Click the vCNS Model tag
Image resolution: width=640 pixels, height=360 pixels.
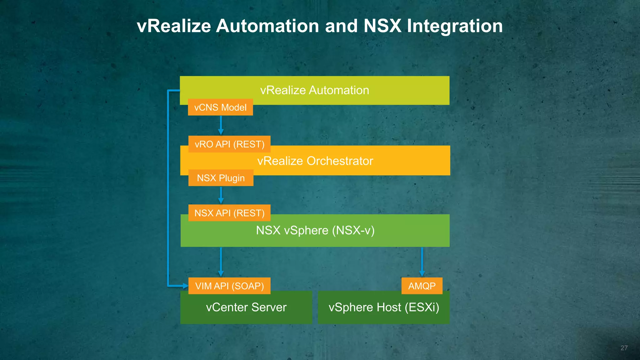point(220,107)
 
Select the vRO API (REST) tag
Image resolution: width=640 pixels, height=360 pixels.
point(229,144)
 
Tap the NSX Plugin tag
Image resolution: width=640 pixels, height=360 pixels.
point(221,178)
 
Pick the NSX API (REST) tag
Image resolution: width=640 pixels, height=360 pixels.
point(229,213)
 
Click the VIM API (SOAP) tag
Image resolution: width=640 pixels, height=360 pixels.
point(229,286)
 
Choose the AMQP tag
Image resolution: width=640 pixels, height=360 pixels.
point(422,286)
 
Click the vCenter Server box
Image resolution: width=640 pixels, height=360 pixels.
point(246,307)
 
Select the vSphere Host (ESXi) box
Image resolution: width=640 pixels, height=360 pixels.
point(384,307)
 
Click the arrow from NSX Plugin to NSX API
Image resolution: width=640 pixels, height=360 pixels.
point(221,195)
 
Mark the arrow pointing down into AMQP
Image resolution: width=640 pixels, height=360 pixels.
point(422,262)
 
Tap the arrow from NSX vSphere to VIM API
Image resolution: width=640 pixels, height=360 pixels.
point(221,262)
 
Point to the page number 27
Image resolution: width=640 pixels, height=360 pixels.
point(624,348)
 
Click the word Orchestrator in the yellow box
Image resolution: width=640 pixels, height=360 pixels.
point(340,161)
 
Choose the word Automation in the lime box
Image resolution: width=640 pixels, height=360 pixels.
point(339,90)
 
